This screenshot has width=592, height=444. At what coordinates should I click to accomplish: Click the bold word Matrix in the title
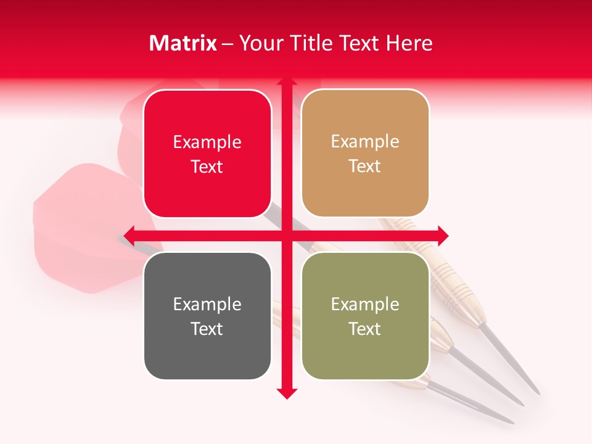coord(183,43)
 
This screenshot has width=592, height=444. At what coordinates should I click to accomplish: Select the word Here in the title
coord(409,43)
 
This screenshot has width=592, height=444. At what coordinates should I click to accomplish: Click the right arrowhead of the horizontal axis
coord(443,235)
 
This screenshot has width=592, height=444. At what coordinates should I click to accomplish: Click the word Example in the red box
coord(207,142)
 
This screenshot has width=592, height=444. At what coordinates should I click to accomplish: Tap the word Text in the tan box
coord(365,166)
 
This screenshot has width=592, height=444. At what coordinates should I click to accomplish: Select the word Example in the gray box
coord(207,304)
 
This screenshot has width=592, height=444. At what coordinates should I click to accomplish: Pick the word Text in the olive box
coord(365,329)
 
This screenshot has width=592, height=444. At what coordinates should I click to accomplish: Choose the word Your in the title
coord(260,43)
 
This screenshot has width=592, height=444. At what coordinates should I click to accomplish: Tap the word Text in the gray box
coord(207,329)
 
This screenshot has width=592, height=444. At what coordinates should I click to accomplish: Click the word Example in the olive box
coord(365,304)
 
